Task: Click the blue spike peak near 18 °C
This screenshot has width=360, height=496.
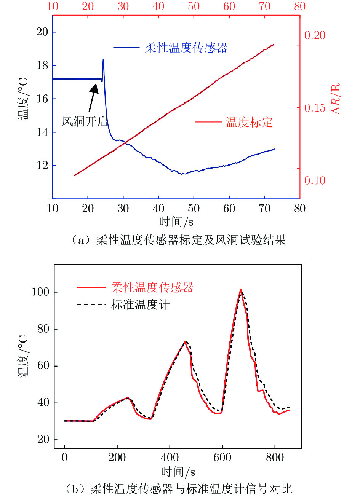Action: point(103,59)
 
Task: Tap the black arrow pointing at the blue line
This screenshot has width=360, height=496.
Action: point(92,97)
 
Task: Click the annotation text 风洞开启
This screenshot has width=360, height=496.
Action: point(85,121)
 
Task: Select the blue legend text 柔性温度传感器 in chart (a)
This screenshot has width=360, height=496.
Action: point(186,48)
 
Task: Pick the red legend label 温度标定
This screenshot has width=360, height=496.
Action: point(249,122)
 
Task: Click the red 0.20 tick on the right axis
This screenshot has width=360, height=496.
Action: point(315,35)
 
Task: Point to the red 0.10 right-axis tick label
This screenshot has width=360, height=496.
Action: point(315,180)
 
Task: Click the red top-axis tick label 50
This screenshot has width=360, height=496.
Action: point(194,6)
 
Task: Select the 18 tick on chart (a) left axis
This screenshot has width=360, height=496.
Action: point(42,65)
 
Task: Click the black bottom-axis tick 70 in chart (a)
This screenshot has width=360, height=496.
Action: point(264,208)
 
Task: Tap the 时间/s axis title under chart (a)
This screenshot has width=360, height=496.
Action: point(176,221)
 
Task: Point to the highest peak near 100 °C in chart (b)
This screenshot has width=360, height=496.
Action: point(241,290)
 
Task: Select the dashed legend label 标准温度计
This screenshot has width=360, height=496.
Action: point(140,305)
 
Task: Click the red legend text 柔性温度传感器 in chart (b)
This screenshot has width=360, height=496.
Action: point(152,287)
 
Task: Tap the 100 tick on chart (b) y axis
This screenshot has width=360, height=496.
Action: point(40,292)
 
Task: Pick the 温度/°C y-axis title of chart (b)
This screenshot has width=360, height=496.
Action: point(23,356)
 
